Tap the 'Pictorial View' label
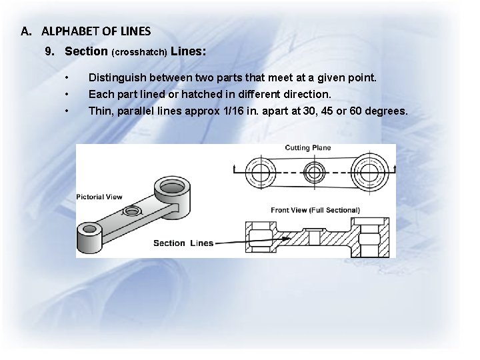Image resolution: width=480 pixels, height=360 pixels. (x=99, y=197)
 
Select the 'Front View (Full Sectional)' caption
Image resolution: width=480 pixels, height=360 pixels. (x=315, y=210)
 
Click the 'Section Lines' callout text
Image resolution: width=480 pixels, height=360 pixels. (x=183, y=243)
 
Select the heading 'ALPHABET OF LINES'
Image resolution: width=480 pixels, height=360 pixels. (x=96, y=31)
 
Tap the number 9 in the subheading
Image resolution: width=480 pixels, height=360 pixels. (x=49, y=51)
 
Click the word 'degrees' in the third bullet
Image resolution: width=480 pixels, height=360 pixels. (x=383, y=110)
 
